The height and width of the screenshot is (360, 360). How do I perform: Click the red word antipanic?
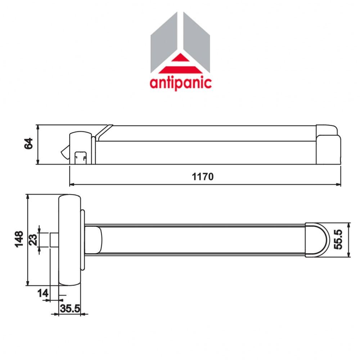180,82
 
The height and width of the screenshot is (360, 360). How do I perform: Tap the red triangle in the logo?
180,65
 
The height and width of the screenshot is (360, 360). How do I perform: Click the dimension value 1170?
203,177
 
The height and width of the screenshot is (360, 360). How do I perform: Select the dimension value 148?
19,239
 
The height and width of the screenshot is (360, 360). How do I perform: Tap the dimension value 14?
43,293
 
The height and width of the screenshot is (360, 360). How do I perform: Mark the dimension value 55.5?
338,240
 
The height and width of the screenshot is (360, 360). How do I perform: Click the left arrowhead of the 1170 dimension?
71,185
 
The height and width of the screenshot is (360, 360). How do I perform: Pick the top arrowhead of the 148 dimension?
28,197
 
